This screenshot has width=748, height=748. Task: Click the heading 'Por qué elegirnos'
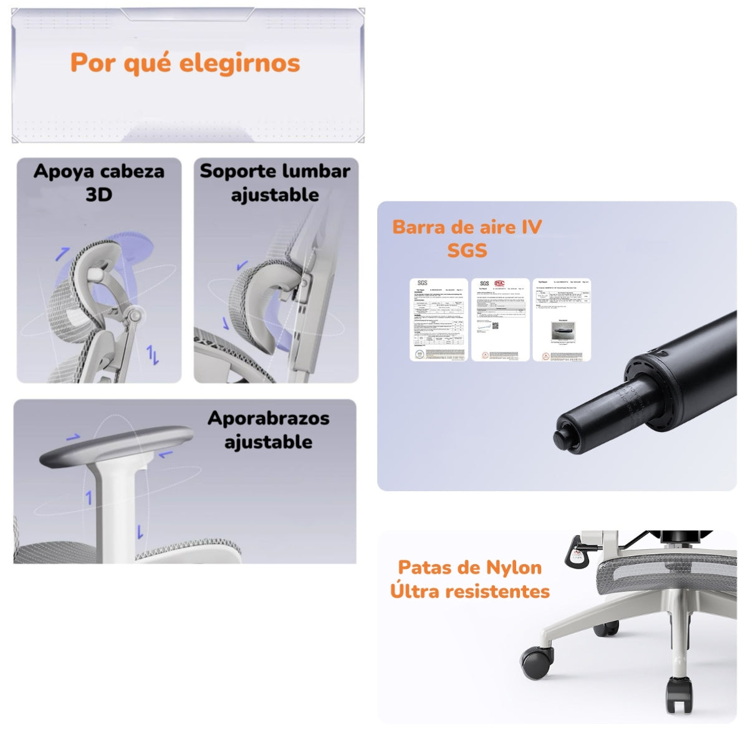(185, 63)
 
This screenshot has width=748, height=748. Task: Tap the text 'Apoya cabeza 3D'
(98, 182)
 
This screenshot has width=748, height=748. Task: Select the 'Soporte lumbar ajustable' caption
(275, 182)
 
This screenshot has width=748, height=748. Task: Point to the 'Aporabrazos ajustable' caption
(269, 429)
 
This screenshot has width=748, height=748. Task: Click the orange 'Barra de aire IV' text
(467, 227)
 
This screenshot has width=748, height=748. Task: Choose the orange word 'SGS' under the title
(467, 251)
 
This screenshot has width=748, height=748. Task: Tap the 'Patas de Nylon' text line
(469, 567)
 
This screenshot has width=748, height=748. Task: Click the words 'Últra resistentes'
(470, 591)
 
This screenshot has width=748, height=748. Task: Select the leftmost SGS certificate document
(438, 320)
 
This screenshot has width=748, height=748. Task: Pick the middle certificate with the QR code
(500, 320)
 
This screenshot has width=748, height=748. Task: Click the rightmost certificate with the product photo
(562, 320)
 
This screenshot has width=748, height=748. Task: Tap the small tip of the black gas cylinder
(563, 434)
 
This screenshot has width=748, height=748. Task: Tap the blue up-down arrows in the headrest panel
(153, 355)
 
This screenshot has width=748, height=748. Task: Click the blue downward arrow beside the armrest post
(141, 532)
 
